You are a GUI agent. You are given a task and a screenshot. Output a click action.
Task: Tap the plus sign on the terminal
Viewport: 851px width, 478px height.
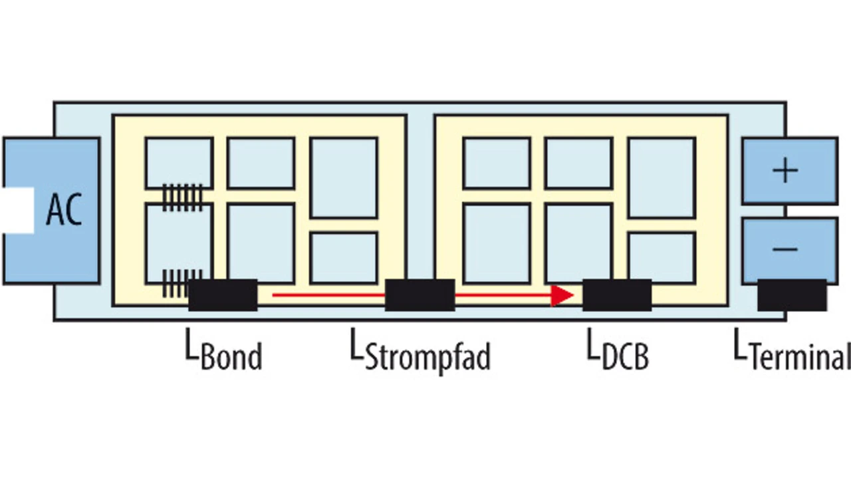click(786, 171)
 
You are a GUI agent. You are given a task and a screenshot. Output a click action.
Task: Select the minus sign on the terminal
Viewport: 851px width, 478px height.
click(786, 249)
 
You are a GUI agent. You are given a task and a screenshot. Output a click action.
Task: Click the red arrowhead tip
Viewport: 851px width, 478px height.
click(571, 295)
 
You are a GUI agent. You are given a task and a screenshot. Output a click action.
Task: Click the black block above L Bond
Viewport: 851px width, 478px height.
click(223, 295)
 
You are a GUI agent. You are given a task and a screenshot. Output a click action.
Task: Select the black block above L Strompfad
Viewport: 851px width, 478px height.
click(420, 295)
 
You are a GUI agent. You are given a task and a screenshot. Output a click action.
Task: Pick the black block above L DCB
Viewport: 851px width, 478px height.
click(617, 295)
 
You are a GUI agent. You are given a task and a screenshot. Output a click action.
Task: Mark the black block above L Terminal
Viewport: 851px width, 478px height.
click(792, 295)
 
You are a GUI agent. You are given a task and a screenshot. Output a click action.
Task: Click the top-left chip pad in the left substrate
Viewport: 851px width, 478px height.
click(179, 162)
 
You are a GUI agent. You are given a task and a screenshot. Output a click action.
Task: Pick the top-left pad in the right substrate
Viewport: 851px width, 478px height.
click(497, 163)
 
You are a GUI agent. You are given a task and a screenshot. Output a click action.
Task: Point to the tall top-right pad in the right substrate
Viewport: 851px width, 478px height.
click(662, 177)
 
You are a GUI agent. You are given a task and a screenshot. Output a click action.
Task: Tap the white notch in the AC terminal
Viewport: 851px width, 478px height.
click(18, 210)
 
